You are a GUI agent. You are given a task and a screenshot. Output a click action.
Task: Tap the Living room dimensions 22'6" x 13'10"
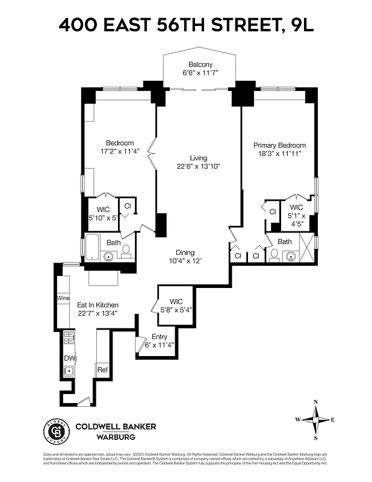[x=199, y=166]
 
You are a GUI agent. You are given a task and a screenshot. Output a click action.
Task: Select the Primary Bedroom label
[x=279, y=145]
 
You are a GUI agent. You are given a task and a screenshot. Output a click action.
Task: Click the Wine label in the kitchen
[x=63, y=298]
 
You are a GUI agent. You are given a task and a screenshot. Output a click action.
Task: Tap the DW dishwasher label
[x=69, y=358]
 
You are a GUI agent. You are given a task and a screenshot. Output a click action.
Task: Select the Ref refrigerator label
[x=102, y=369]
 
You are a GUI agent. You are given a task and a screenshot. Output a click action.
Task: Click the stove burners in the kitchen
[x=69, y=338]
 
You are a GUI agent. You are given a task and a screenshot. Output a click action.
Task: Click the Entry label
[x=160, y=337]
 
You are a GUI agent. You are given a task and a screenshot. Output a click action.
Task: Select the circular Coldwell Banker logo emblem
[x=55, y=431]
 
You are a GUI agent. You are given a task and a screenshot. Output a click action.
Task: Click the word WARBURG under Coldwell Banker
[x=116, y=437]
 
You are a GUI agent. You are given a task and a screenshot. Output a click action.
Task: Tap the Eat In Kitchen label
[x=98, y=305]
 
